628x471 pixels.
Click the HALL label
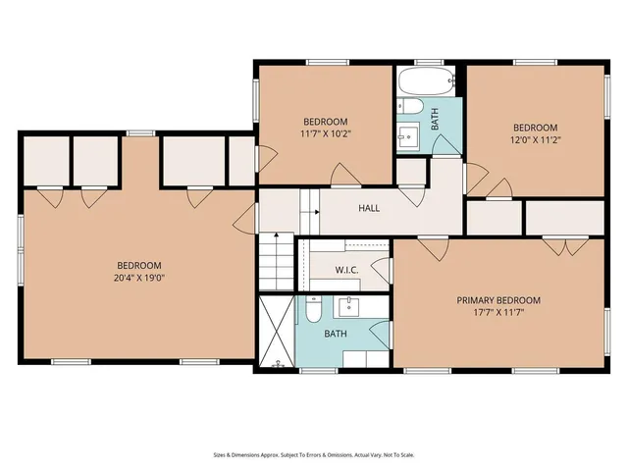(369, 208)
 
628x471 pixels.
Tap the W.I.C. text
(345, 270)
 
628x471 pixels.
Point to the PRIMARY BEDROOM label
(498, 300)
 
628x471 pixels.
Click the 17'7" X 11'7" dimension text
(498, 314)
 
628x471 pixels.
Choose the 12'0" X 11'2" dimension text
(536, 139)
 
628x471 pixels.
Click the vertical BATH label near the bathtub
(436, 120)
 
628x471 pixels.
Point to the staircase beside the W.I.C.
(277, 261)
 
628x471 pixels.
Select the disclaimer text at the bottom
(313, 454)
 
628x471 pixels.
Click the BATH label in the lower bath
(336, 334)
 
